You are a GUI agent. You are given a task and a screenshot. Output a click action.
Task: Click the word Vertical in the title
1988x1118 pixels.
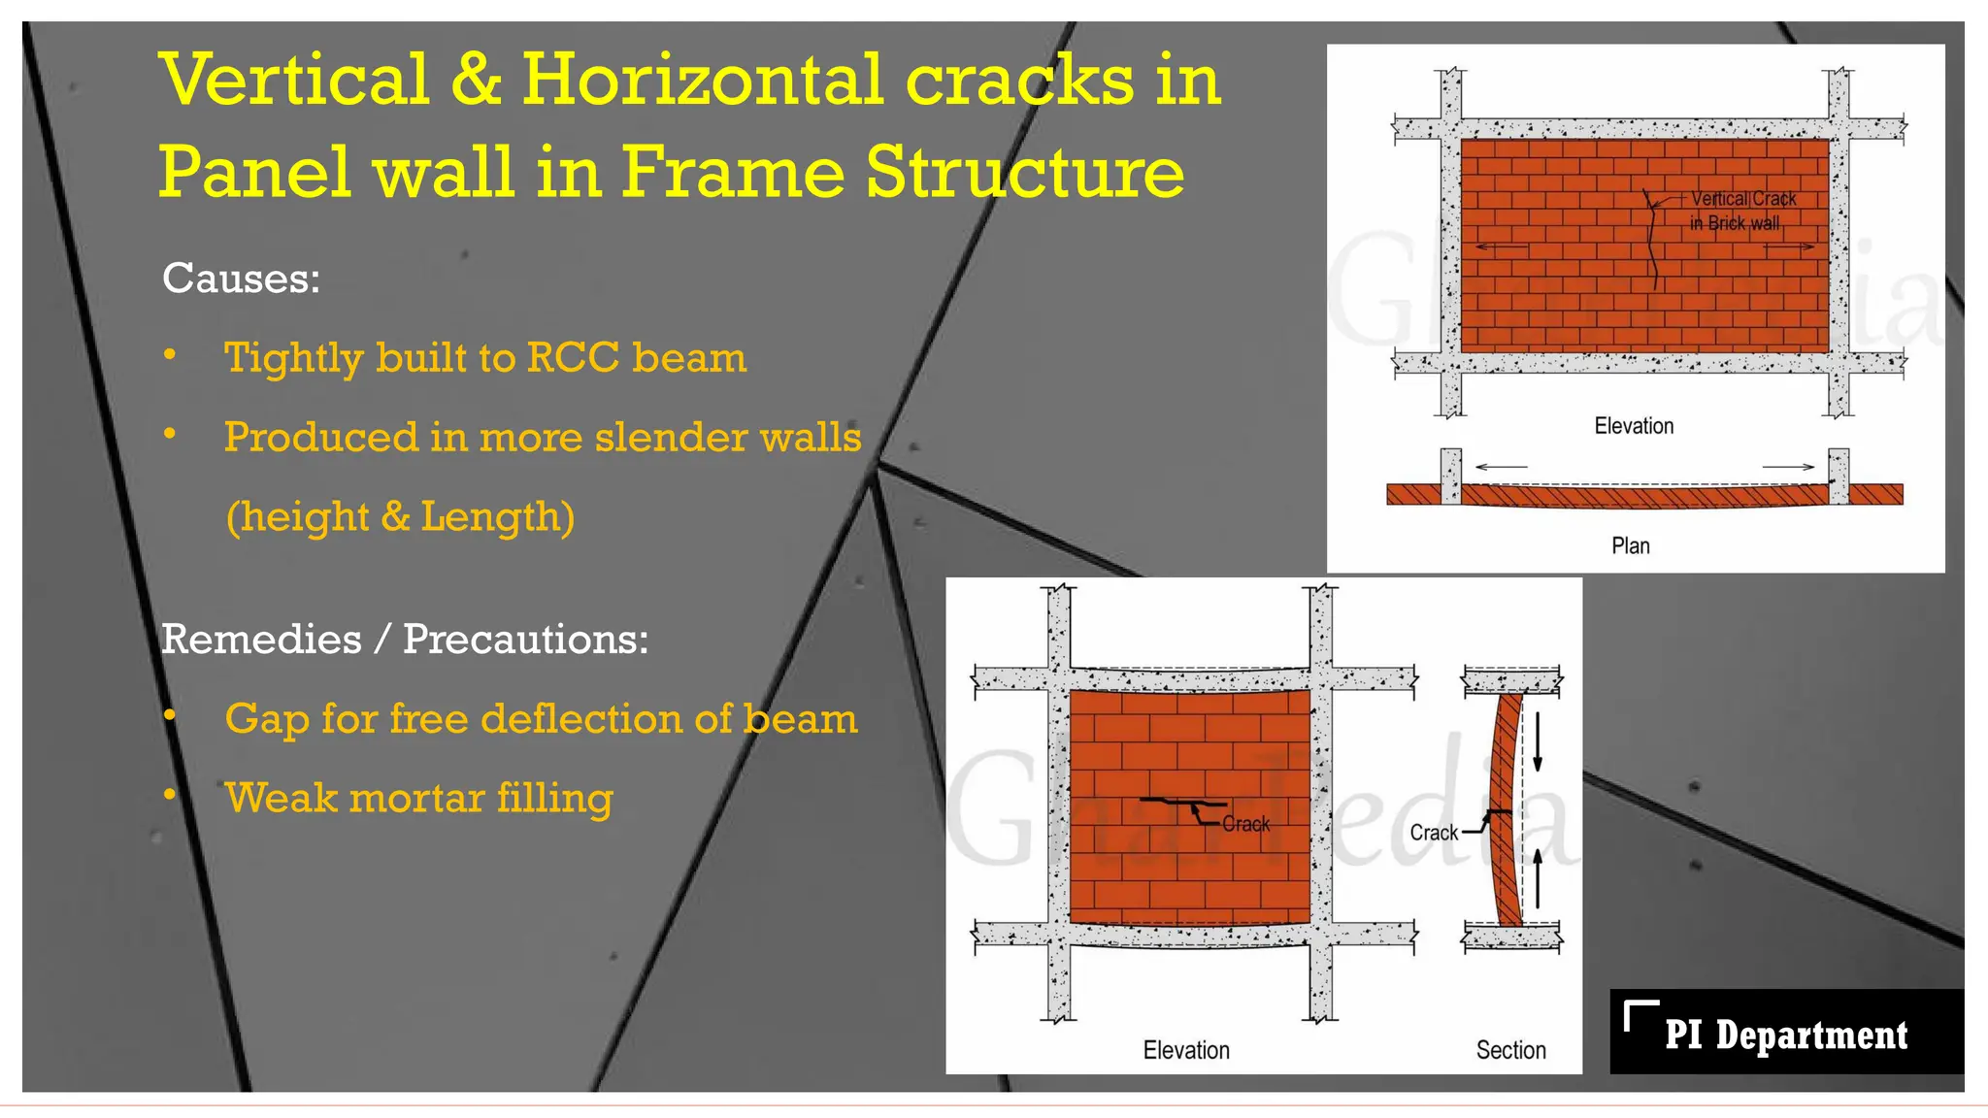(x=295, y=81)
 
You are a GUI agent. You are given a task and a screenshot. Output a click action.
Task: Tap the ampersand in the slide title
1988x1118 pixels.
(x=476, y=81)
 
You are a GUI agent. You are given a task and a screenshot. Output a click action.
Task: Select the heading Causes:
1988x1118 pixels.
(x=241, y=279)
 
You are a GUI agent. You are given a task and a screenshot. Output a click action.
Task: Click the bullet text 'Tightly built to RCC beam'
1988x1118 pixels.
(x=485, y=358)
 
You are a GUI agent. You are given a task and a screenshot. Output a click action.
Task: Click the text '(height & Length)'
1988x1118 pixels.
(x=400, y=517)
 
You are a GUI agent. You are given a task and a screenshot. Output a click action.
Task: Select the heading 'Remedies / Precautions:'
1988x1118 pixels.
(x=404, y=640)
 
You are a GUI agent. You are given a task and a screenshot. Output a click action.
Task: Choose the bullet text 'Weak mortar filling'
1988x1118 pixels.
(x=418, y=799)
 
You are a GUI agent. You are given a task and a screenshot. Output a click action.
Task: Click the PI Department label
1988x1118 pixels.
(x=1786, y=1035)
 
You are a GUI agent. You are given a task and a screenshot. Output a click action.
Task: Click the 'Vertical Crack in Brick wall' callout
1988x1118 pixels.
(x=1741, y=211)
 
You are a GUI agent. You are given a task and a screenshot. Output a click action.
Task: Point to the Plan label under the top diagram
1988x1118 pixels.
(x=1631, y=546)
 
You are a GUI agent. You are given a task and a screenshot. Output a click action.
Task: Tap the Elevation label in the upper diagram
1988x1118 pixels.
(x=1634, y=426)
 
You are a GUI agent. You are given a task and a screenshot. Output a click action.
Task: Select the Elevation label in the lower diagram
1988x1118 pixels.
(x=1186, y=1050)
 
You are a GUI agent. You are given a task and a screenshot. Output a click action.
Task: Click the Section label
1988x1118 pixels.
(x=1510, y=1050)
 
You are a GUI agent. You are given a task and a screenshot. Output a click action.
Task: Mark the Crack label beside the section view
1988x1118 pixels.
(x=1434, y=833)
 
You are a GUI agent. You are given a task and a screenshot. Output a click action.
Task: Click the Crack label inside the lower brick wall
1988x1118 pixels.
(x=1246, y=824)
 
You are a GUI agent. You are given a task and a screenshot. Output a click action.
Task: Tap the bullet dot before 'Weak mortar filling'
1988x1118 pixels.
(x=170, y=795)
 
